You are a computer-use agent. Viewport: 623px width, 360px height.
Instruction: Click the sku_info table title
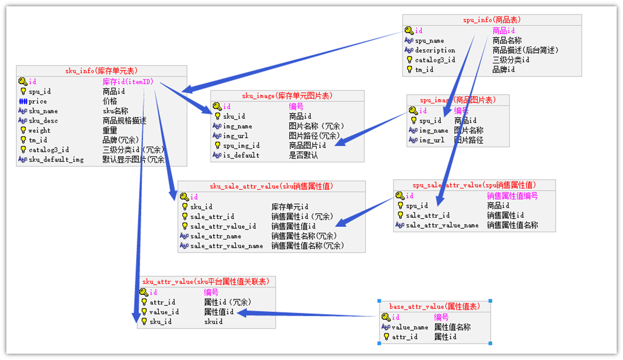tap(101, 71)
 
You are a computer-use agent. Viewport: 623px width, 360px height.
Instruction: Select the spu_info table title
tap(492, 20)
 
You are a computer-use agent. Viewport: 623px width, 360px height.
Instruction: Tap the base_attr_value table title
tap(435, 306)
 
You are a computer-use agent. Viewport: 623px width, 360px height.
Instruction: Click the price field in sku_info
tap(38, 101)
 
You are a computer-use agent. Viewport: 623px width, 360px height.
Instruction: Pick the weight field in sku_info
tap(39, 130)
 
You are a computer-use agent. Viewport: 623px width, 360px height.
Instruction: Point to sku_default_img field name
tap(56, 160)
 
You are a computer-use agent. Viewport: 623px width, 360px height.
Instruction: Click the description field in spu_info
tap(435, 50)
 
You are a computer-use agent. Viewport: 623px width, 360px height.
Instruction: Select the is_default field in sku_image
tap(241, 155)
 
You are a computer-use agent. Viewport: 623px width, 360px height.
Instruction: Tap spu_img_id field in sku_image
tap(241, 145)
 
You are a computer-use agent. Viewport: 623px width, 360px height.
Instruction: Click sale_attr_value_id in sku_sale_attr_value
tap(223, 226)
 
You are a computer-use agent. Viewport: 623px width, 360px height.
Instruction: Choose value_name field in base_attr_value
tap(410, 327)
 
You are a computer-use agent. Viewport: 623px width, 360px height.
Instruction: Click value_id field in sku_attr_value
tap(164, 312)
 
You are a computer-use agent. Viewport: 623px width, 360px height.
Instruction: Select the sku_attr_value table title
tap(206, 281)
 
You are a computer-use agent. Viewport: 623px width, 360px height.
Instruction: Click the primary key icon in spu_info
tap(409, 31)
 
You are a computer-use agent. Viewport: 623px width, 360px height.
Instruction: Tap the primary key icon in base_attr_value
tap(386, 317)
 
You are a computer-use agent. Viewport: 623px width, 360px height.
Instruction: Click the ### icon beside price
tap(23, 101)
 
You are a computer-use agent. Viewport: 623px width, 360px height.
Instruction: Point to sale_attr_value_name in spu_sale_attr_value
tap(442, 225)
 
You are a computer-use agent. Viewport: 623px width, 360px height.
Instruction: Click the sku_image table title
tap(287, 96)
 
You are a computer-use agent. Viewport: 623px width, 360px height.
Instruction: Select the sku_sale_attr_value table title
tap(271, 186)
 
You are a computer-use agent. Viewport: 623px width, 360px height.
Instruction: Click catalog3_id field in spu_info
tap(435, 60)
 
